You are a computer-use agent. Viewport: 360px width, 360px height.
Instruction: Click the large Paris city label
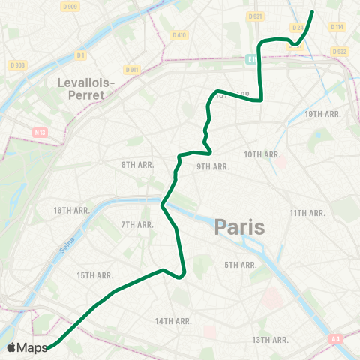tap(239, 226)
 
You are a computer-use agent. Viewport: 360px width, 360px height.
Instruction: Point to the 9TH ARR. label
tap(212, 166)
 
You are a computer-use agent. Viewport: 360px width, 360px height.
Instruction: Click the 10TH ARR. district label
tap(262, 154)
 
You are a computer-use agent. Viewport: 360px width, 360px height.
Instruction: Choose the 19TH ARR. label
tap(323, 114)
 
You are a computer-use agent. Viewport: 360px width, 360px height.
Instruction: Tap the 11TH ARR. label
tap(307, 213)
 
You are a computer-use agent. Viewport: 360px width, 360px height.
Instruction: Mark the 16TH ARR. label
tap(72, 211)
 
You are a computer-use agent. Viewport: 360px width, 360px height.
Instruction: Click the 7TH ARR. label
tap(137, 224)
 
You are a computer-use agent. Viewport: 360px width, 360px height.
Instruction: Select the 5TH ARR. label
tap(240, 265)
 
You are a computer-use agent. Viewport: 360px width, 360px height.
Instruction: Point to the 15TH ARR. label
tap(94, 275)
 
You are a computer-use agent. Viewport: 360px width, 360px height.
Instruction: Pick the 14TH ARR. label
tap(172, 321)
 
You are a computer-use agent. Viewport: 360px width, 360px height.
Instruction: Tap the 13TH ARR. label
tap(271, 340)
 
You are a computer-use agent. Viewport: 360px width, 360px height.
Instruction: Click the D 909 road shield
tap(70, 7)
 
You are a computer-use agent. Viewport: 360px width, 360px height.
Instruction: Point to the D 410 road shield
tap(178, 34)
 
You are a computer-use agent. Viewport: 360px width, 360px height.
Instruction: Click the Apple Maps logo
tap(28, 347)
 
